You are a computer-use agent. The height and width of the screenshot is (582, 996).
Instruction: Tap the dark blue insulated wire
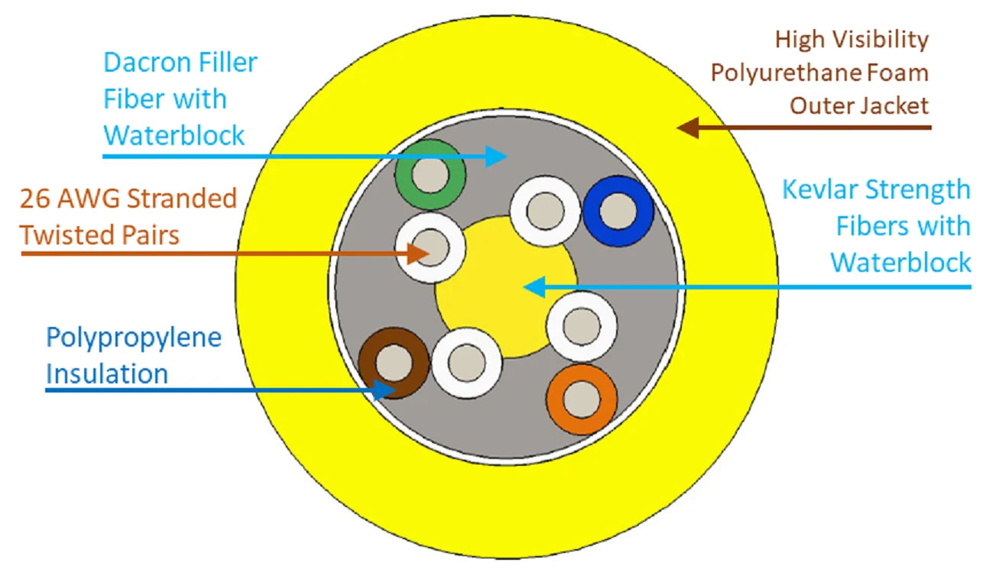[618, 211]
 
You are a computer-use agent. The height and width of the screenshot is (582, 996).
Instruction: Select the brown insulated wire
[394, 361]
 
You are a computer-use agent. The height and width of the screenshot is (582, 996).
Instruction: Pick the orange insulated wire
[582, 399]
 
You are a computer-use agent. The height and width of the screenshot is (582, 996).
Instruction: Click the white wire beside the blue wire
[545, 210]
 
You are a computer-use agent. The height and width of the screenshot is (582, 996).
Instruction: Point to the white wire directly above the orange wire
[582, 326]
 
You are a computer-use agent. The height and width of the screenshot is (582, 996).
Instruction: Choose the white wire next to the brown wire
[466, 363]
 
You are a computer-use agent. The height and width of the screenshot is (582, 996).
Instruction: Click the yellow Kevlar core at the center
[505, 286]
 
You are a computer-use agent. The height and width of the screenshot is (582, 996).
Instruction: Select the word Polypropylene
[134, 337]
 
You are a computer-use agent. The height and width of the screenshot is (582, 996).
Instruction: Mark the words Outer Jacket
[859, 105]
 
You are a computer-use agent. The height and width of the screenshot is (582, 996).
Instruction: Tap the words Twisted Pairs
[100, 234]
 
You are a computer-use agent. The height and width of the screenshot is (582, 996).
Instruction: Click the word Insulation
[107, 373]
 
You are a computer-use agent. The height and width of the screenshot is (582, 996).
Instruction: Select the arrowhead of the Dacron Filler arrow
[498, 157]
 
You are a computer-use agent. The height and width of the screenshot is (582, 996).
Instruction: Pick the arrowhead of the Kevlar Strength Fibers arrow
[533, 287]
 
